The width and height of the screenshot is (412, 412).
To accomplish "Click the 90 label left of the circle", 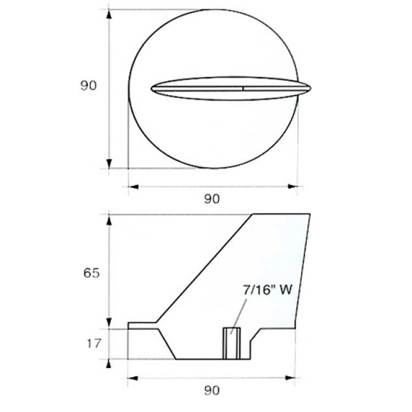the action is pos(88,86).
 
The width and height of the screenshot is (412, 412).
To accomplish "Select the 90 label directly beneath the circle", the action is pos(212,199).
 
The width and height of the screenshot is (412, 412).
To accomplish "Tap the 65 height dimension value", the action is pos(91,273).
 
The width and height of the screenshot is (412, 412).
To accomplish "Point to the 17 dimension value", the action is pos(94,343).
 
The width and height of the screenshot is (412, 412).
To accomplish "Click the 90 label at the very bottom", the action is pos(212,391).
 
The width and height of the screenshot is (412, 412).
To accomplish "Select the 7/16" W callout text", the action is pos(268,290).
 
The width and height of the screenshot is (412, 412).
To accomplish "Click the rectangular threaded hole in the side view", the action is pos(231,343).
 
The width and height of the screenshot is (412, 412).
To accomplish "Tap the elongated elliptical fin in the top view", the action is pos(231,88).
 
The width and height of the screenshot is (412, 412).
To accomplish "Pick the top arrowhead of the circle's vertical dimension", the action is pos(109,14).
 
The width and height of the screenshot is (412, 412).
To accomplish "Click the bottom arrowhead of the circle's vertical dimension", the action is pos(109,164).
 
